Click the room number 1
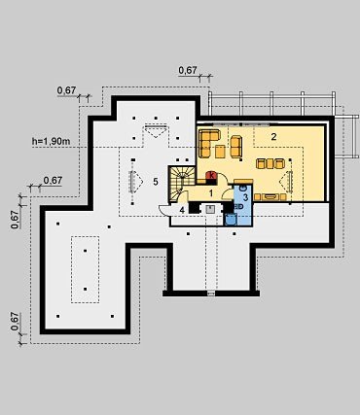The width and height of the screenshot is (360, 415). click(x=211, y=193)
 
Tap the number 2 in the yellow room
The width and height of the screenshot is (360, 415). click(x=273, y=137)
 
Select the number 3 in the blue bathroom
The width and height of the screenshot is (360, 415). click(x=245, y=196)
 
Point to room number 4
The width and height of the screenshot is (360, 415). click(x=182, y=210)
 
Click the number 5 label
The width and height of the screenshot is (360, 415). click(x=156, y=182)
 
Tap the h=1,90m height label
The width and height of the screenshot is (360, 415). click(x=52, y=141)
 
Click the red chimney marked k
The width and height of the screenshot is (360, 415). click(x=212, y=175)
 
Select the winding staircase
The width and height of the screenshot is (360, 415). click(x=182, y=183)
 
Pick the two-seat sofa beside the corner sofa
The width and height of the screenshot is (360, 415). click(x=236, y=146)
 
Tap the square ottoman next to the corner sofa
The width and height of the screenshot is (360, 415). click(x=220, y=152)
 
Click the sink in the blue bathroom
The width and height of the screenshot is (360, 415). click(x=242, y=188)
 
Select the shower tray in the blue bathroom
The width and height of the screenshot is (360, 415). click(x=231, y=219)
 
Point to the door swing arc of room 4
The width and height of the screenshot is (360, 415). click(x=162, y=212)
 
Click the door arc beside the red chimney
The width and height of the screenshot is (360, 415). click(x=225, y=178)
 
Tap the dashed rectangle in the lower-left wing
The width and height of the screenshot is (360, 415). click(x=86, y=269)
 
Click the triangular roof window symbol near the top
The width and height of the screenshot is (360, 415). click(x=156, y=131)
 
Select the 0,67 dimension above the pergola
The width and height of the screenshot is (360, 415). click(x=188, y=70)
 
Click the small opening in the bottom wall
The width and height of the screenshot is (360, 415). click(x=211, y=294)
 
